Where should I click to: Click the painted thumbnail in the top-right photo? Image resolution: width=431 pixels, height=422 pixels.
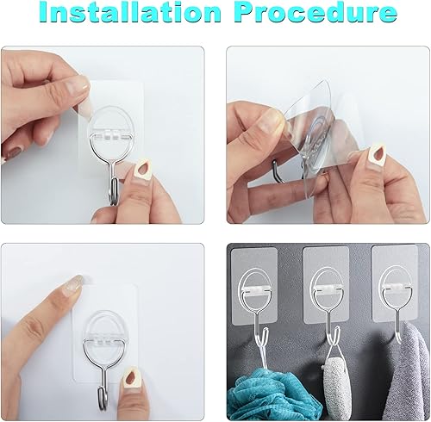coord(377,157)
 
